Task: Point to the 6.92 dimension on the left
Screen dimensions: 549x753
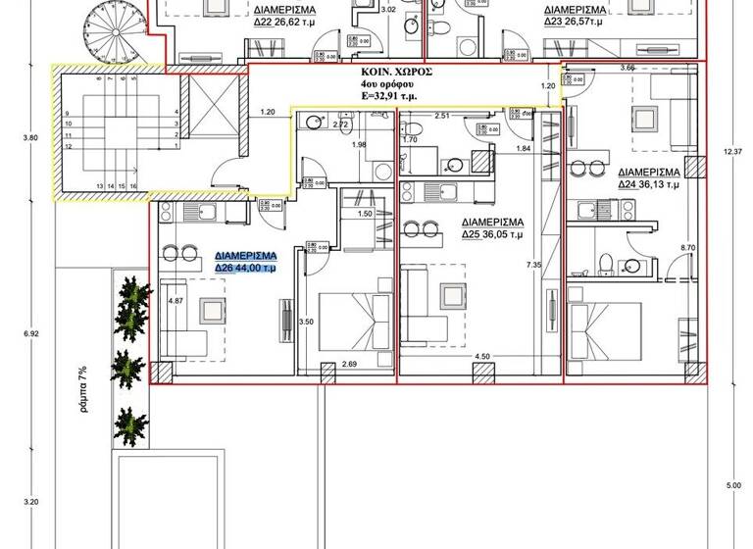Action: pyautogui.click(x=31, y=335)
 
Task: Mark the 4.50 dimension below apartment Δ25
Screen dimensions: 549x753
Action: pyautogui.click(x=481, y=357)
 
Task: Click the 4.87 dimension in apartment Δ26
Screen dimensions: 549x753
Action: pyautogui.click(x=176, y=302)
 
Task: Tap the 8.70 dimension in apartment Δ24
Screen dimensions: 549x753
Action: pyautogui.click(x=686, y=248)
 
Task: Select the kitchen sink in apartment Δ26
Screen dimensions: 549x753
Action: pyautogui.click(x=208, y=212)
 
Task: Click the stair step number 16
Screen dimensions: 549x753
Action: pyautogui.click(x=132, y=185)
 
